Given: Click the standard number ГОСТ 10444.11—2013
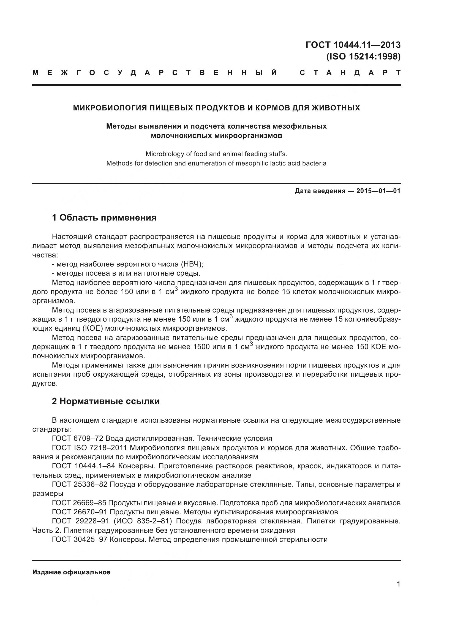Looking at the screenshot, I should (353, 45).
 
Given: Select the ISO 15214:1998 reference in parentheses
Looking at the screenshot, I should (363, 57).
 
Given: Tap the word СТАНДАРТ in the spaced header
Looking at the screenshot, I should (350, 73).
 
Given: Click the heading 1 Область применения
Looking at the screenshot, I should (104, 218).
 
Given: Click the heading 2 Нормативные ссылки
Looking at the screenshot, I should (106, 401).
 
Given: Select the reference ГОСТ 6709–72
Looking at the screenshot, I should (80, 439).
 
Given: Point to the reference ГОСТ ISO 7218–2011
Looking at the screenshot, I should (90, 448).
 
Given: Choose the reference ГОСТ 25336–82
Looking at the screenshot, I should (80, 485).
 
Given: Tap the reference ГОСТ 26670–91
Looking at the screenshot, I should (80, 512).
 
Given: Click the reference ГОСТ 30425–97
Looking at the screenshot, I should (80, 540).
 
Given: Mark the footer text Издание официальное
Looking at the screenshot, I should (71, 572).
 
